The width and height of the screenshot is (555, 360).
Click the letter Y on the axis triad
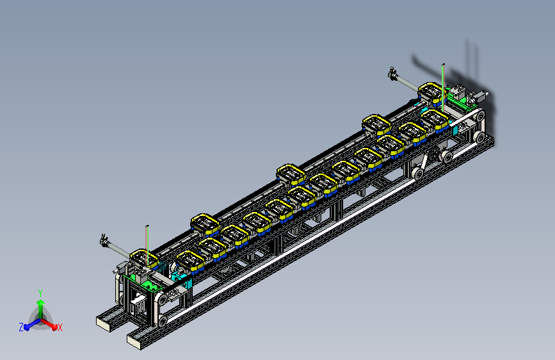pos(40,293)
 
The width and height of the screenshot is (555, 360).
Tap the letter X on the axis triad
pos(60,327)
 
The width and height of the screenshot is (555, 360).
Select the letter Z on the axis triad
pos(21,327)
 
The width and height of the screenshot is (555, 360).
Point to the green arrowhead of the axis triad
pos(41,302)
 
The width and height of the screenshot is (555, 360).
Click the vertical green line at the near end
pos(147,245)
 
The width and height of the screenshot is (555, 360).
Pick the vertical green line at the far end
pos(443,88)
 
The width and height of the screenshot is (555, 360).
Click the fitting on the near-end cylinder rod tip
pos(104,240)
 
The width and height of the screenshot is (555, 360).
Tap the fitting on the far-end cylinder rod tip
pos(392,73)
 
